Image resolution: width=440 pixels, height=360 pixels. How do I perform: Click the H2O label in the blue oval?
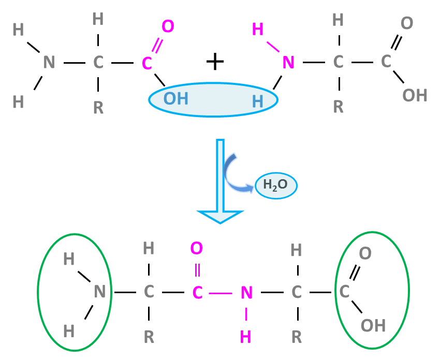click(x=275, y=185)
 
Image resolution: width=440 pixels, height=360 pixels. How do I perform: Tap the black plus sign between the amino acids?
click(x=215, y=62)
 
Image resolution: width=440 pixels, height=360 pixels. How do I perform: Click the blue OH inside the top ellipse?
click(x=176, y=98)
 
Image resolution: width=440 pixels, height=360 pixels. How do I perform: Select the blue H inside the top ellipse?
click(x=257, y=101)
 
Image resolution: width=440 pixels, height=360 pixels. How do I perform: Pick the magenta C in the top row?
click(x=147, y=63)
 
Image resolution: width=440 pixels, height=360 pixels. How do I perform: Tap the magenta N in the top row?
click(x=288, y=63)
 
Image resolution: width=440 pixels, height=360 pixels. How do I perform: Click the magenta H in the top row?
click(x=257, y=30)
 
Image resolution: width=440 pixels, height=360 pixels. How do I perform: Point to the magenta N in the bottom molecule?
click(x=246, y=293)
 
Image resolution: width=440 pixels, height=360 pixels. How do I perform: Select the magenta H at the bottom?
click(x=245, y=336)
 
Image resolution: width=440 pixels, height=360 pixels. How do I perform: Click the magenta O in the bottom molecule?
click(x=197, y=249)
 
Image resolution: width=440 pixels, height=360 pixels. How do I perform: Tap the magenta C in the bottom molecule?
click(x=197, y=293)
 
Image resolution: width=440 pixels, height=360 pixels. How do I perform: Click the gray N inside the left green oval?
click(x=100, y=292)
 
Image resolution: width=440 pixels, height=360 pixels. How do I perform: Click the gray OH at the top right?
click(x=415, y=95)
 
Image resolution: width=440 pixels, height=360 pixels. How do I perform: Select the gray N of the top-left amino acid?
click(x=49, y=62)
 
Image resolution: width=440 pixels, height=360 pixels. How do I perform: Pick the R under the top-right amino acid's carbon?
click(x=338, y=106)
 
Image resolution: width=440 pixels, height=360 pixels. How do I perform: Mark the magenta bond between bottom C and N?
click(x=222, y=293)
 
